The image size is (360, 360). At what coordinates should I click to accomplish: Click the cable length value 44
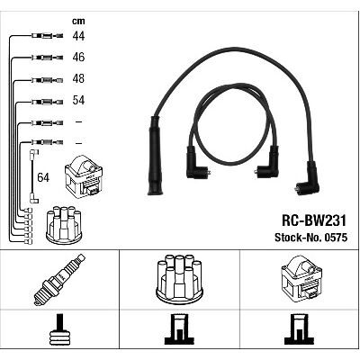pos(78,36)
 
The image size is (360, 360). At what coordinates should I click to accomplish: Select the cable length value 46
pos(78,57)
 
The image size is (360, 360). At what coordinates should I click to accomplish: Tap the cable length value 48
pos(78,78)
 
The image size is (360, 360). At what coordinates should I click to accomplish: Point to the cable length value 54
pos(78,100)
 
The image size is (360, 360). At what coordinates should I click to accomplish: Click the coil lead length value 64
pos(43,177)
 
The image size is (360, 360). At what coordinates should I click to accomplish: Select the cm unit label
pos(78,21)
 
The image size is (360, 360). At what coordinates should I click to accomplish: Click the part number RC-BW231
pos(314,221)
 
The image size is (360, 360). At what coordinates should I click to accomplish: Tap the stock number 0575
pos(336,238)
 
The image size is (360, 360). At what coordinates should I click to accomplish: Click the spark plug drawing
pos(59,280)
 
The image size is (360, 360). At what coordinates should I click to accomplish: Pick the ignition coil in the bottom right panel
pos(301,277)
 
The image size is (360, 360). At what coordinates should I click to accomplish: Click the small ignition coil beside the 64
pos(84,176)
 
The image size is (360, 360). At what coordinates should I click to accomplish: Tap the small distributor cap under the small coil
pos(64,224)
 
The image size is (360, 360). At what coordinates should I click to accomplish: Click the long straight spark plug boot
pos(155,156)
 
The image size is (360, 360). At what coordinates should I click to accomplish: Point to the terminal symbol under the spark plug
pos(60,330)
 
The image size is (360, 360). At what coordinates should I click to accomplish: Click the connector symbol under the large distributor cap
pos(179,329)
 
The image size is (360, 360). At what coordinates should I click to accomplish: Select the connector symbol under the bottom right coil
pos(299,329)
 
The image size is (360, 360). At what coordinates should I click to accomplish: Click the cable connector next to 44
pos(47,36)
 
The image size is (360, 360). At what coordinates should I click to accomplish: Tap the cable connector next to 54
pos(47,102)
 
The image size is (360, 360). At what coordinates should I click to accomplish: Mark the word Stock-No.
pos(298,238)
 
